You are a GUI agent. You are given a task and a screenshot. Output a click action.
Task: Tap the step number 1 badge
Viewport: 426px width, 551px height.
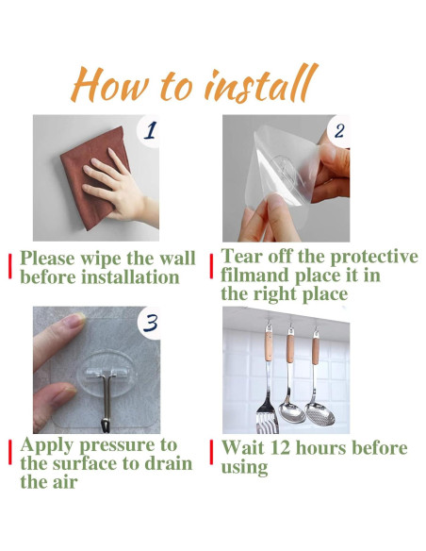tap(149, 130)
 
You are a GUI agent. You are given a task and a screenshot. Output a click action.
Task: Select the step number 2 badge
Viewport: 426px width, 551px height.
tap(338, 130)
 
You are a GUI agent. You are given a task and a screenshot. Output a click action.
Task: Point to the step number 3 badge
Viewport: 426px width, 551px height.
tap(150, 323)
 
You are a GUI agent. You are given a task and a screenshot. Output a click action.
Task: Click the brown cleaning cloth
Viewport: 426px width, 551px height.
tap(92, 175)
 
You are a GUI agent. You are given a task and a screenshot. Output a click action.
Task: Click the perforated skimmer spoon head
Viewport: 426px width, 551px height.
tap(319, 413)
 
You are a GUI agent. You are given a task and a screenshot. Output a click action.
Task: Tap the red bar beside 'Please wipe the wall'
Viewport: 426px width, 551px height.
tap(10, 266)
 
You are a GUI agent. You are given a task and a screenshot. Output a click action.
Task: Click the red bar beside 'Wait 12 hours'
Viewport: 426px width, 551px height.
tap(212, 452)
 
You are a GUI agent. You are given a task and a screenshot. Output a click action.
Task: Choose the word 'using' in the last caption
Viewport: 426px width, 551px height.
tap(244, 468)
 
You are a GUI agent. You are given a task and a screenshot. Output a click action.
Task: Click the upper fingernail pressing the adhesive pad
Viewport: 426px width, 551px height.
tap(74, 321)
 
